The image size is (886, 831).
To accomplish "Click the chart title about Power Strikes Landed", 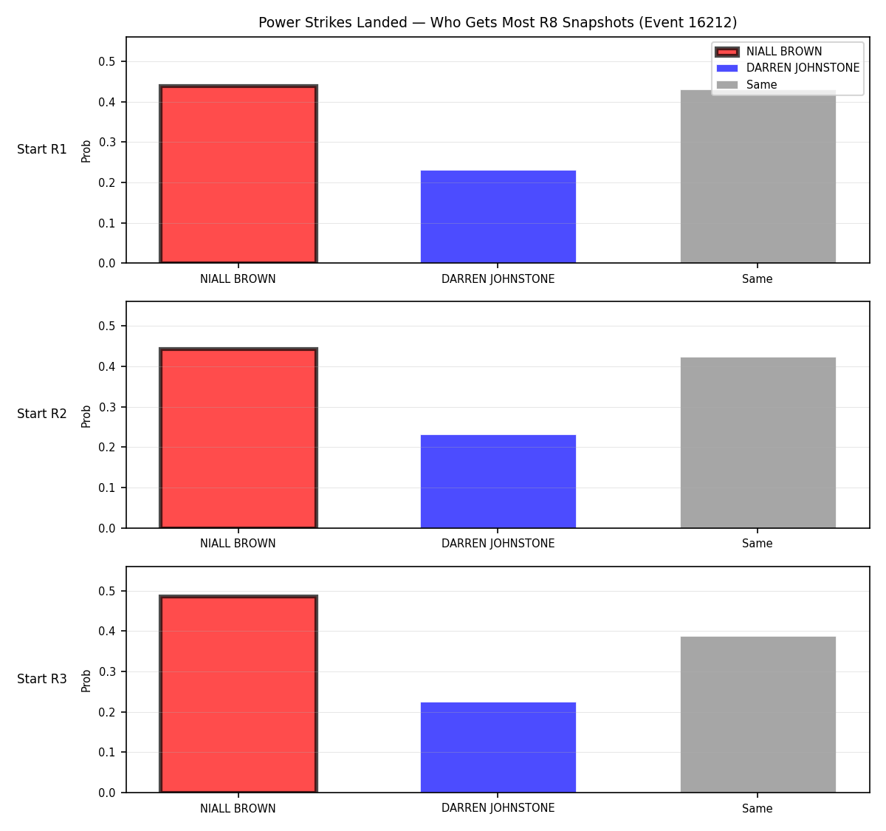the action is coord(498,22).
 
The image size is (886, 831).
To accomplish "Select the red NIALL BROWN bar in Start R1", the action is coord(238,174).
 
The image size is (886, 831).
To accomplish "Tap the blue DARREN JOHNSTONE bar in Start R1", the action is coord(498,216).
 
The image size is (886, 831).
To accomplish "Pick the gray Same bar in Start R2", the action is coord(758,442).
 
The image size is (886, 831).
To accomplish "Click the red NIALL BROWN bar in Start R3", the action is coord(238,694).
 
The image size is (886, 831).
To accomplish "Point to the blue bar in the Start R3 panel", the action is coord(498,748).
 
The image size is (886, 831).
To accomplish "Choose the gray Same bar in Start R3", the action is coord(758,714).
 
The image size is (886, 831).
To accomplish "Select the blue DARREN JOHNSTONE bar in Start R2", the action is coord(498,482).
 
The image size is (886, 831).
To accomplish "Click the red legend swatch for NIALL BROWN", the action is coord(727,52).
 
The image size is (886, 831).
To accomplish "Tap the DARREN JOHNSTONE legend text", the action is coord(803,68).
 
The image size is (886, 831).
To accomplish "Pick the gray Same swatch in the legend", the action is coord(727,85).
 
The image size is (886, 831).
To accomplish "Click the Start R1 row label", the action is coord(42,149).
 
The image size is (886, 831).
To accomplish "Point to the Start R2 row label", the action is coord(42,414).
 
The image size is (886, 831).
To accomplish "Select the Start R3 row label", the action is coord(42,678).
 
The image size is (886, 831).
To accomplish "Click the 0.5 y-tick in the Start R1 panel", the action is coord(106,61).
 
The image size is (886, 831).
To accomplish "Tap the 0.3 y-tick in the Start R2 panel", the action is coord(106,407).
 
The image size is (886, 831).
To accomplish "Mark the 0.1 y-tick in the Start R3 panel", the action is coord(106,753).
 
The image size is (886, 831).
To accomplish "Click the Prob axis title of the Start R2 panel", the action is coord(86,416).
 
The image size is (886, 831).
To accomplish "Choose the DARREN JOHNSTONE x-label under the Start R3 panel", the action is coord(498,808).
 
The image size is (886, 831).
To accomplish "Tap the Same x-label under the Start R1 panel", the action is coord(757,278).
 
